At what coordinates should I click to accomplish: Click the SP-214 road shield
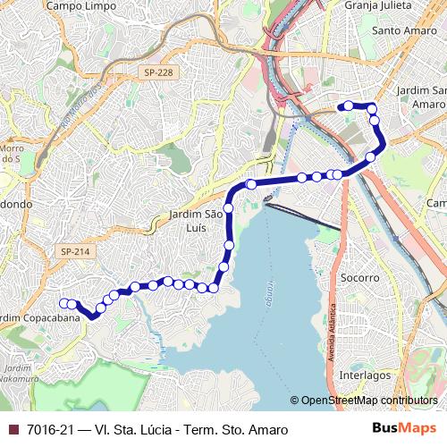click(77, 253)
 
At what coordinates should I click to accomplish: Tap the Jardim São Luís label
click(197, 221)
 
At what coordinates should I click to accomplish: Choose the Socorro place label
click(361, 278)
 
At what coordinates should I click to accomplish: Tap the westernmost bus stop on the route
click(63, 303)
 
